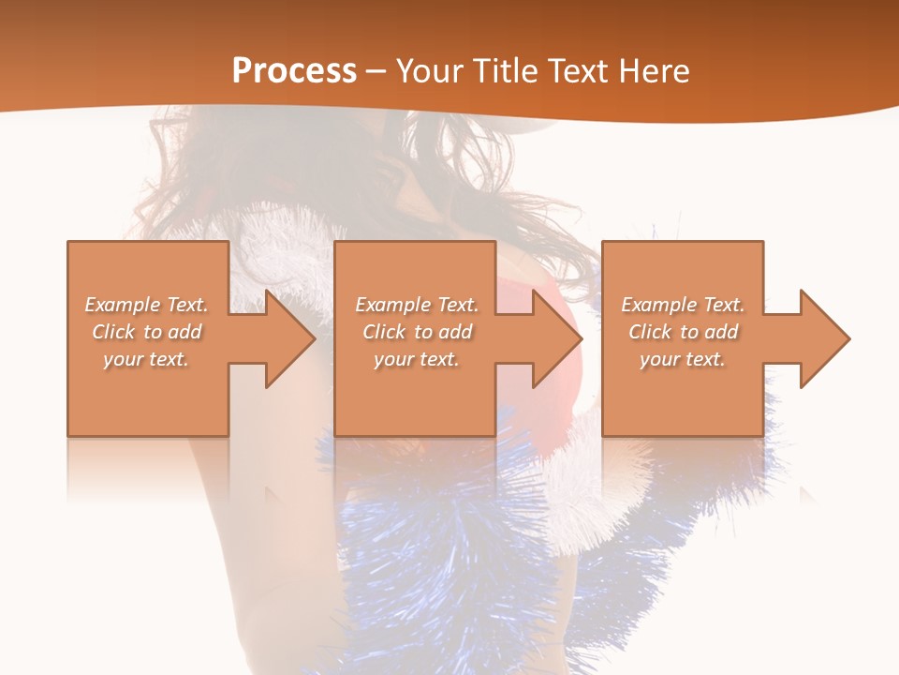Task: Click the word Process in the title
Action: pos(294,71)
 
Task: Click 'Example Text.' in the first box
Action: pos(146,305)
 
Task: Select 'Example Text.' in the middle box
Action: pos(417,305)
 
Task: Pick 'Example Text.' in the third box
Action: pos(683,305)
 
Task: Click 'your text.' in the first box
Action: pos(146,359)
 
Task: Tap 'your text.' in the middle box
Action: pos(417,359)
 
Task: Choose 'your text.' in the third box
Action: pos(683,359)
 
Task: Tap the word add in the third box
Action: pos(722,332)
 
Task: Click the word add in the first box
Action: pos(185,332)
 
